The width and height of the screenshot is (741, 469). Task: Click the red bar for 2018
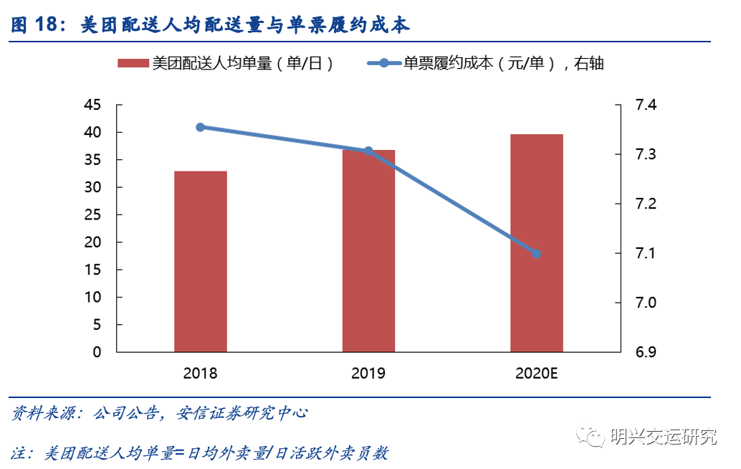tap(200, 262)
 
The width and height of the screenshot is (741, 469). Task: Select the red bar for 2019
tap(368, 251)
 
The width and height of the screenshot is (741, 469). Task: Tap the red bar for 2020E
tap(536, 243)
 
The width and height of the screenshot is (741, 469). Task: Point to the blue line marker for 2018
tap(201, 127)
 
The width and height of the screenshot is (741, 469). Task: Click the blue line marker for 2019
tap(368, 151)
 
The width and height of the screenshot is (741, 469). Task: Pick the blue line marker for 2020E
tap(536, 253)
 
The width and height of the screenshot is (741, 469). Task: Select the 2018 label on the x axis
tap(200, 373)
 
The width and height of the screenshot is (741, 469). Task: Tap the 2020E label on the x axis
tap(536, 373)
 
